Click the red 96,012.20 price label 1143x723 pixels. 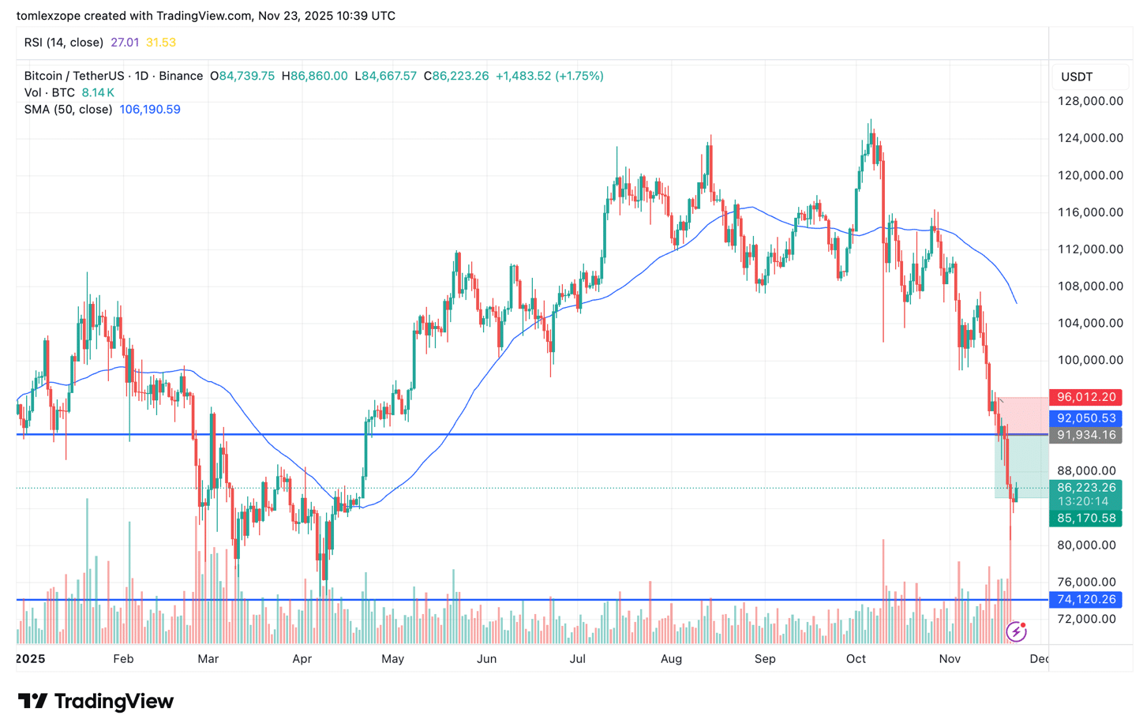[1085, 397]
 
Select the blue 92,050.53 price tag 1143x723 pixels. [1085, 418]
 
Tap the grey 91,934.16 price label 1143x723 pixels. [1085, 435]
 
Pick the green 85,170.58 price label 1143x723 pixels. [1085, 519]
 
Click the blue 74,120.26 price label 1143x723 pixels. [1085, 600]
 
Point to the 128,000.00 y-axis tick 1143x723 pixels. [1090, 101]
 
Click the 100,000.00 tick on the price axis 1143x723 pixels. [1090, 360]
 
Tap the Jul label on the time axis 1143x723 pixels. [577, 659]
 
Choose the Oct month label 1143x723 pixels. [856, 659]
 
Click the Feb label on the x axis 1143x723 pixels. [123, 659]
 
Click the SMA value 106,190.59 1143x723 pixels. [150, 110]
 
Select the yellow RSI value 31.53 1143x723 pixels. [161, 43]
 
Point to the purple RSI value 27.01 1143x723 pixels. [125, 43]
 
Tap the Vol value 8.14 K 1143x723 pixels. [98, 93]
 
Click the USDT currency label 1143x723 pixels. [1077, 77]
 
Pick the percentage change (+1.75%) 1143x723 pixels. [579, 77]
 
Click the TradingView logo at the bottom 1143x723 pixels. [96, 701]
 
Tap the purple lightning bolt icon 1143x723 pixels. [1016, 631]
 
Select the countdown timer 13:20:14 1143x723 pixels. [1083, 501]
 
